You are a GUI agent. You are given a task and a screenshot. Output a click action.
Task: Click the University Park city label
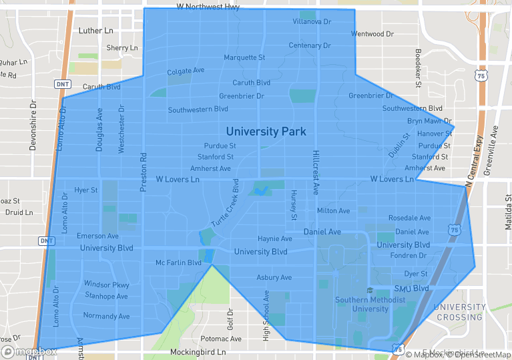click(x=266, y=132)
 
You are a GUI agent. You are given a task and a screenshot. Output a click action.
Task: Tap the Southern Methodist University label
click(x=370, y=305)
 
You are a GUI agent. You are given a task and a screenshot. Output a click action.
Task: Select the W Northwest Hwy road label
click(x=208, y=7)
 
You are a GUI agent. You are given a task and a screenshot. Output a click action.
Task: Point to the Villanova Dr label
click(x=312, y=21)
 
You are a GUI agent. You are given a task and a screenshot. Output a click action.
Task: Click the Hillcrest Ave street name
click(x=316, y=173)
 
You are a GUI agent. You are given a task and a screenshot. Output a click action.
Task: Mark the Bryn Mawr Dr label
click(x=430, y=122)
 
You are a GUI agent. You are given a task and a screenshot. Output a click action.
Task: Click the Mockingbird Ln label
click(x=198, y=352)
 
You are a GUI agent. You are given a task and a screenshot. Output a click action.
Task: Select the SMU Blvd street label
click(x=411, y=289)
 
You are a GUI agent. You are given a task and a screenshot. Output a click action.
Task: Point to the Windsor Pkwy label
click(x=106, y=285)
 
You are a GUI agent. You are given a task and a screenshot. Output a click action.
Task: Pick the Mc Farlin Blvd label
click(x=178, y=263)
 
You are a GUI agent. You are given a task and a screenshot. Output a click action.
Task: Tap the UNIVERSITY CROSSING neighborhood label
click(x=459, y=312)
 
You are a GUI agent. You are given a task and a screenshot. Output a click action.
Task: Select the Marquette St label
click(x=244, y=57)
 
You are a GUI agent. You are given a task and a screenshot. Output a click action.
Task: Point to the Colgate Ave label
click(x=186, y=71)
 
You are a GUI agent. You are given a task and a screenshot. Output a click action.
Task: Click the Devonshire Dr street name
click(x=33, y=125)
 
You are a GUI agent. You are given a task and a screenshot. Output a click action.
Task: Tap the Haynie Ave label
click(x=275, y=238)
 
